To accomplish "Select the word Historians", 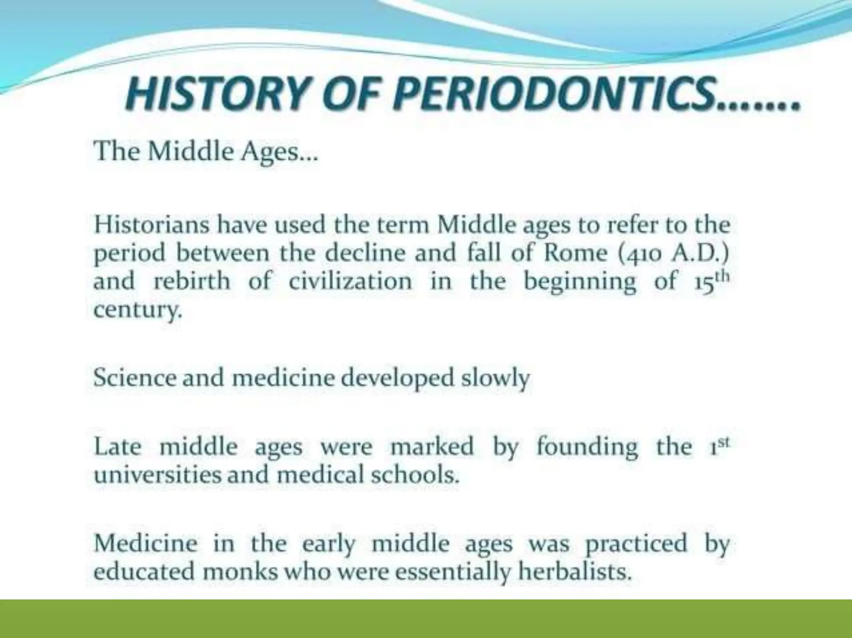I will (x=151, y=225).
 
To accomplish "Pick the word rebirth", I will (x=192, y=281).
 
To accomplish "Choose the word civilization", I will (x=350, y=281).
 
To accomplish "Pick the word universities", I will (x=158, y=475).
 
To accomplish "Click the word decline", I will (x=365, y=253).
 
